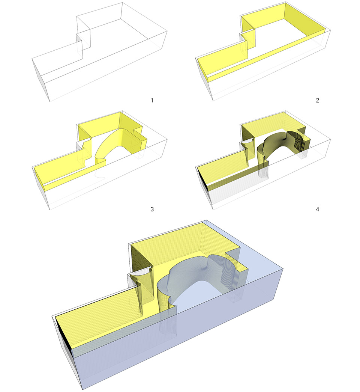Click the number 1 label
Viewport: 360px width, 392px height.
click(152, 101)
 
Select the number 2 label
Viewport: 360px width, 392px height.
click(317, 101)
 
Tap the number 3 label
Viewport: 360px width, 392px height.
click(152, 209)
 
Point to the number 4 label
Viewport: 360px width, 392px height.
click(317, 209)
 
